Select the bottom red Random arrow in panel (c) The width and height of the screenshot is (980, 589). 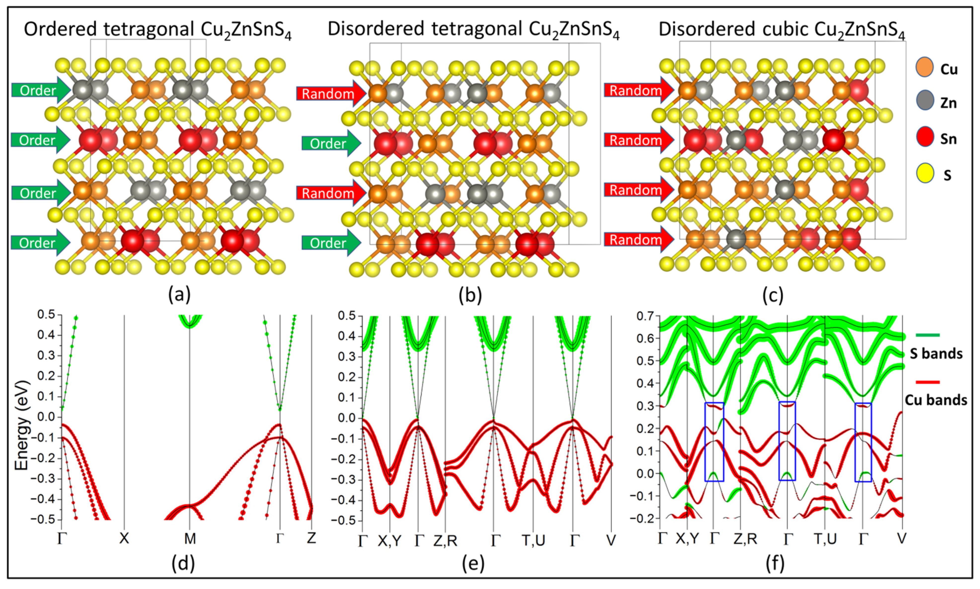tap(638, 239)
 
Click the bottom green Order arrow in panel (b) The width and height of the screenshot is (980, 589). tap(331, 243)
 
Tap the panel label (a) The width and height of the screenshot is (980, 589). tap(179, 295)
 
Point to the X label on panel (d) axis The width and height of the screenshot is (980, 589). tap(124, 538)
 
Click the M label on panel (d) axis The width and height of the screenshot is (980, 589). tap(190, 538)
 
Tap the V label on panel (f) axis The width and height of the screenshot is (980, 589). tap(902, 539)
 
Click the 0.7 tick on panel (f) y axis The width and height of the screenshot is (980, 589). tap(645, 316)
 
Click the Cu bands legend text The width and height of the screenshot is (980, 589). tap(936, 400)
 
